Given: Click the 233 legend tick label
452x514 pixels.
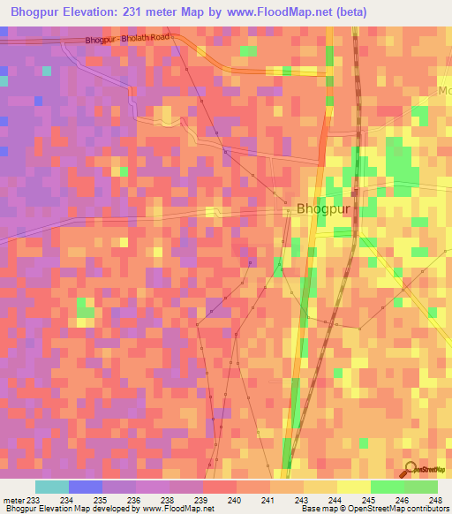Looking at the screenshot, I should [33, 500].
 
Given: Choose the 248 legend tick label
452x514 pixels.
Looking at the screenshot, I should [436, 500].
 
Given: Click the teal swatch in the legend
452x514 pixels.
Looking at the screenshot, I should [52, 487].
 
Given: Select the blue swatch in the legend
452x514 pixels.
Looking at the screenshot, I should [86, 487].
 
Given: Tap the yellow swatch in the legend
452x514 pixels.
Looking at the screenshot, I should [353, 487].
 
